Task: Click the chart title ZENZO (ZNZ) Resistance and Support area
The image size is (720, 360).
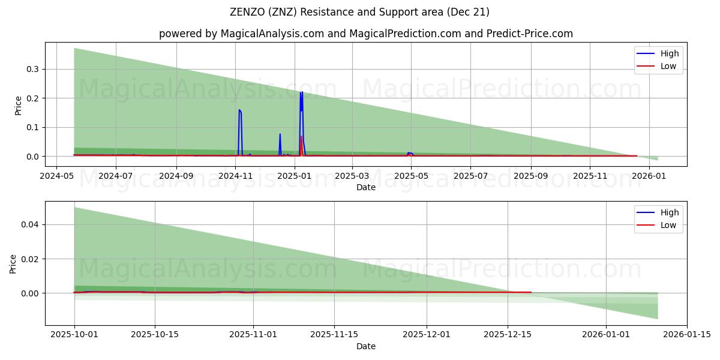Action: (359, 12)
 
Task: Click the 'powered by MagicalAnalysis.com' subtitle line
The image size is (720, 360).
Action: (366, 34)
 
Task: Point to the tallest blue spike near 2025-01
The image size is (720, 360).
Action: (301, 92)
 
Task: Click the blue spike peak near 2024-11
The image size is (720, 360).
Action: (239, 110)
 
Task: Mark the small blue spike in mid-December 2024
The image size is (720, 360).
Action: (280, 134)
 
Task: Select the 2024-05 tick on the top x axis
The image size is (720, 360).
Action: (56, 176)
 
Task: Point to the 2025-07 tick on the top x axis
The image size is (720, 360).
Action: (470, 176)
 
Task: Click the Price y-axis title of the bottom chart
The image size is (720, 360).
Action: (13, 263)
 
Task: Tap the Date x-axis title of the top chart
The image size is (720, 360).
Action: (366, 187)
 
